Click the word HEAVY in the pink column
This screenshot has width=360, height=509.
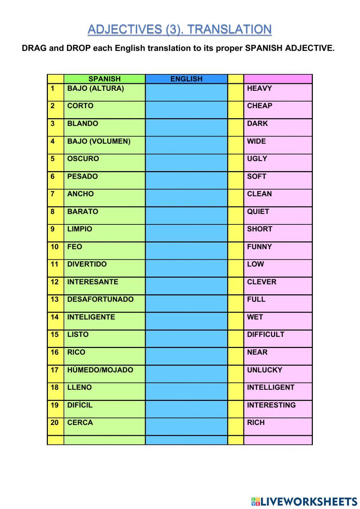coord(259,89)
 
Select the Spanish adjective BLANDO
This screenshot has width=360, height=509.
coord(82,124)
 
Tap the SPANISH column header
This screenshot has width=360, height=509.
coord(104,79)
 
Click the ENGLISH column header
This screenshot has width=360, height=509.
coord(186,79)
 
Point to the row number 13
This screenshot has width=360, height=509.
coord(54,299)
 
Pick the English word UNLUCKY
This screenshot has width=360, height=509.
coord(264,370)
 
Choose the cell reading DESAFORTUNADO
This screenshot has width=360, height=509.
coord(100,299)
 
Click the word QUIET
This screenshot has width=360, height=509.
coord(258,211)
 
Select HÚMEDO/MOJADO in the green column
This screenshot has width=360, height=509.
coord(100,370)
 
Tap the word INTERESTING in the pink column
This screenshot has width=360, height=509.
coord(271,405)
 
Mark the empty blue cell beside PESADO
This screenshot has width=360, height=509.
coord(186,180)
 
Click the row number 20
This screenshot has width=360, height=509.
coord(54,423)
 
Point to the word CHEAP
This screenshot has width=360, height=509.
coord(259,106)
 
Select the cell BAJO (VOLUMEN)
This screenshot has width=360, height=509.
coord(99,141)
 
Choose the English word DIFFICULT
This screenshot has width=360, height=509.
coord(265,335)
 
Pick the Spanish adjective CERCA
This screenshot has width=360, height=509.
coord(80,423)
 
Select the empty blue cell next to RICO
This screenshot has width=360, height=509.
coord(186,356)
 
